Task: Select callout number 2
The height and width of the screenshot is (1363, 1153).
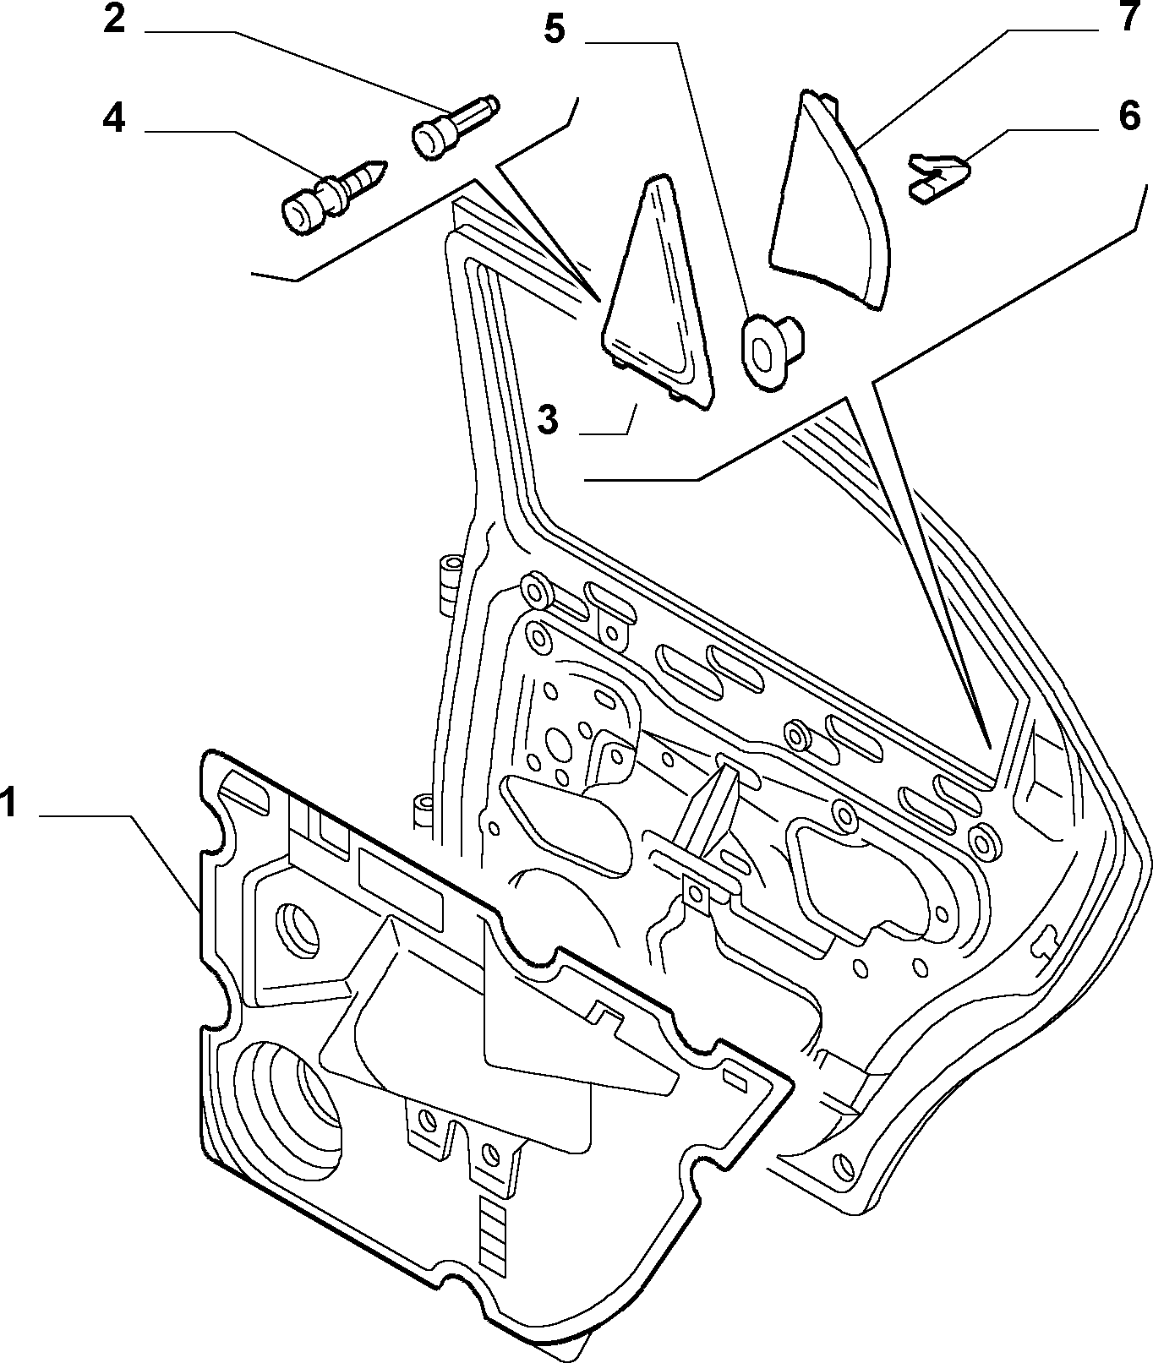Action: [114, 19]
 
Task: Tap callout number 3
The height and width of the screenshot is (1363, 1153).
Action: [549, 419]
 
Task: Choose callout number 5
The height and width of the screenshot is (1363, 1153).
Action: [554, 30]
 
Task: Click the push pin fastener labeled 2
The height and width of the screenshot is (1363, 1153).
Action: [455, 128]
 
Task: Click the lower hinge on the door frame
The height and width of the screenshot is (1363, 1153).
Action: [423, 811]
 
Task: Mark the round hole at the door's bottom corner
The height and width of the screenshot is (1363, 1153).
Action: [842, 1165]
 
